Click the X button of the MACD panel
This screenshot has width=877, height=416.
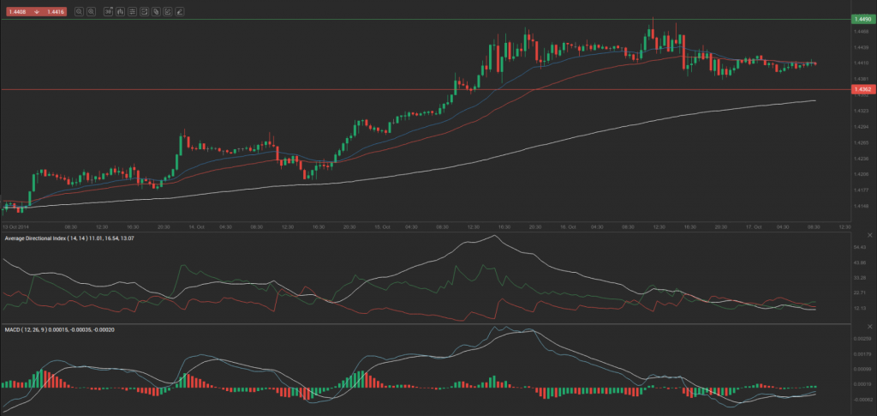(843, 329)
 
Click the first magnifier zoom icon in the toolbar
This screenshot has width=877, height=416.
(80, 12)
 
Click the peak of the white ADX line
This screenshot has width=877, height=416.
(495, 236)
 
